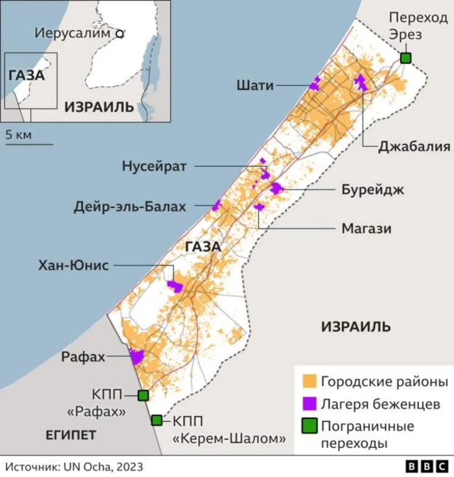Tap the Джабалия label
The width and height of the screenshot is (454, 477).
point(404,148)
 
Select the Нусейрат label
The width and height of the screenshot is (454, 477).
point(154,166)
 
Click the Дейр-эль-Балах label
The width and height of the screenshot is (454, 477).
point(130,207)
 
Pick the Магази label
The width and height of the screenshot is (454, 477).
point(366,229)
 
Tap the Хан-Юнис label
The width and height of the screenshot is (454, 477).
point(74,265)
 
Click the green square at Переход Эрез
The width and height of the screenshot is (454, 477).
point(406,58)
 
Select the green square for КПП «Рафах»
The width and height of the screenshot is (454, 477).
point(143,395)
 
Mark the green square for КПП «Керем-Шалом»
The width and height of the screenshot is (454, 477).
point(156,420)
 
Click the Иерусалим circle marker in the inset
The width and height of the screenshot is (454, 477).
point(120,33)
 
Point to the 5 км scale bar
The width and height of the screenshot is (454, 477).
point(29,144)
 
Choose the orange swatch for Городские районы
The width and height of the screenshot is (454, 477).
point(309,382)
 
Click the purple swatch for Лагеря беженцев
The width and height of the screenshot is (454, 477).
point(309,404)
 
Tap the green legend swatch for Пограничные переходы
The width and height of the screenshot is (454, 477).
point(309,427)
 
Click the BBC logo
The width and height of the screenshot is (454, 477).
point(425,466)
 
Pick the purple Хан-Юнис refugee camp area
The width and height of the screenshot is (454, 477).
point(175,285)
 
